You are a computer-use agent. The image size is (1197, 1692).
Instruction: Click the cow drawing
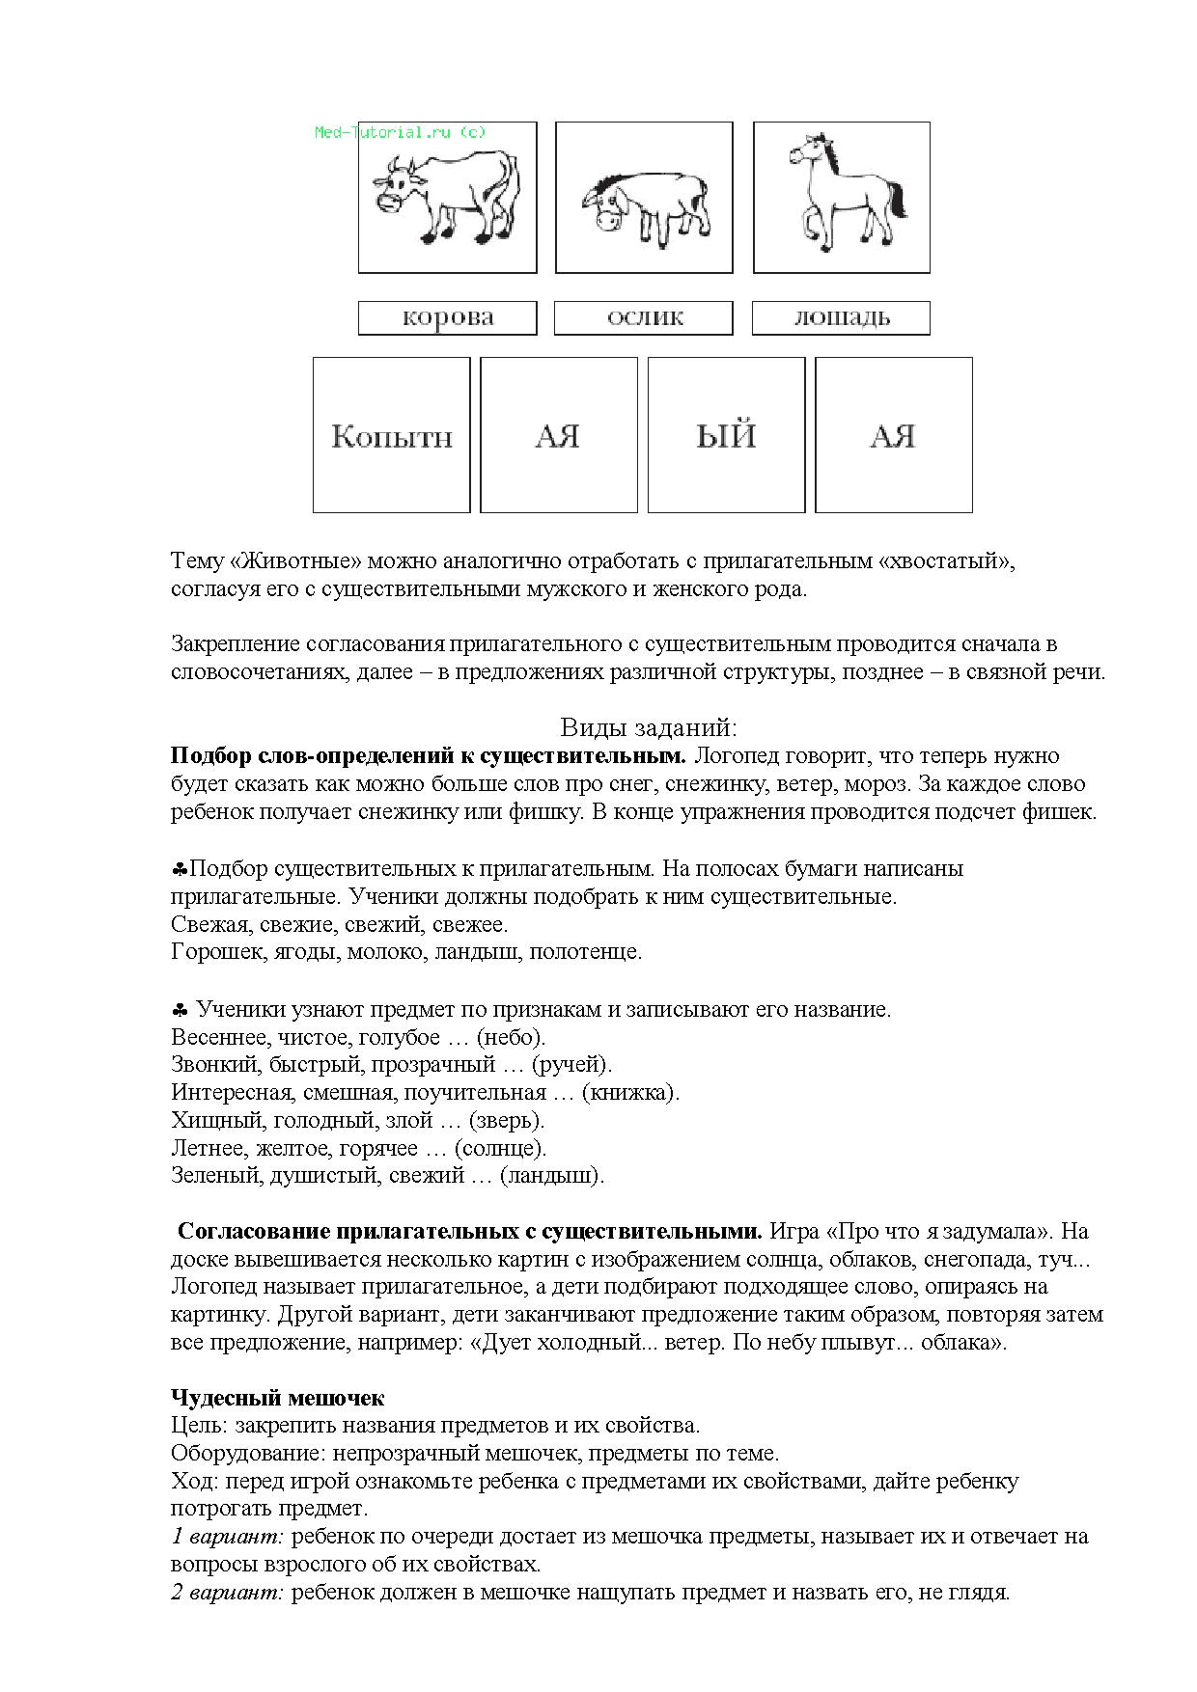[447, 197]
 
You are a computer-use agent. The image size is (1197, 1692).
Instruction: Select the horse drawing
[842, 189]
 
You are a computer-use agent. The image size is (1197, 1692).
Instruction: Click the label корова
[447, 317]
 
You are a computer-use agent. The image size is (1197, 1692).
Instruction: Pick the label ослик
[644, 317]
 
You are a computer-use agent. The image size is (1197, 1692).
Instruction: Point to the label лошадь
[841, 317]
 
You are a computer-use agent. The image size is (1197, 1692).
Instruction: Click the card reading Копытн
[391, 436]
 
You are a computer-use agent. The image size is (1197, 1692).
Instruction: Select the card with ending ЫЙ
[726, 436]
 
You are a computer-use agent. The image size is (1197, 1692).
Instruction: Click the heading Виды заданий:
[648, 727]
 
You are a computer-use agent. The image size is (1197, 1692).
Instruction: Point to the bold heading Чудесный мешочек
[277, 1398]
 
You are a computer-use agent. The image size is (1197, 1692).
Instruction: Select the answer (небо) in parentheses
[511, 1037]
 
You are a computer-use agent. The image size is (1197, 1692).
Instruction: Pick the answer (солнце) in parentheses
[500, 1148]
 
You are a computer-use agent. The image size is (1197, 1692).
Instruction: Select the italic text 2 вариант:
[227, 1593]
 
